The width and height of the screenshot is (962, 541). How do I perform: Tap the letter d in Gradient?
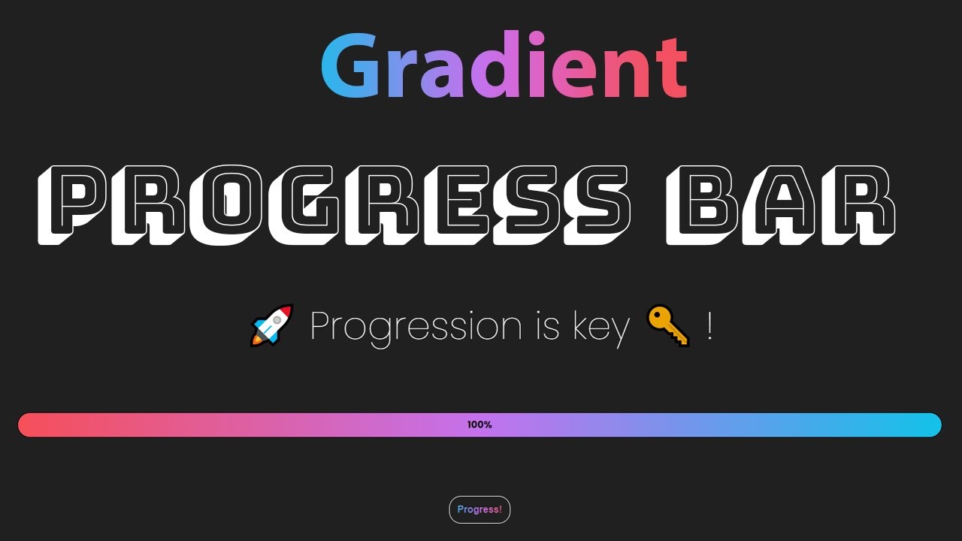499,66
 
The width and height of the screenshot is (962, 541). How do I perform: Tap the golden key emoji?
667,326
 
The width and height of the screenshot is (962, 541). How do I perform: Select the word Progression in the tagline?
416,328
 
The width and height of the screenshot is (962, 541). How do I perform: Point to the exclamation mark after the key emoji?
709,326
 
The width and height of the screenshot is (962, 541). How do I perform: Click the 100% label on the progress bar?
479,425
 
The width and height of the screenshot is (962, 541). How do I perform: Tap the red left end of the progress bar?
34,425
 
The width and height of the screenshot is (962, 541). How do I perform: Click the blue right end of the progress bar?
924,425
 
